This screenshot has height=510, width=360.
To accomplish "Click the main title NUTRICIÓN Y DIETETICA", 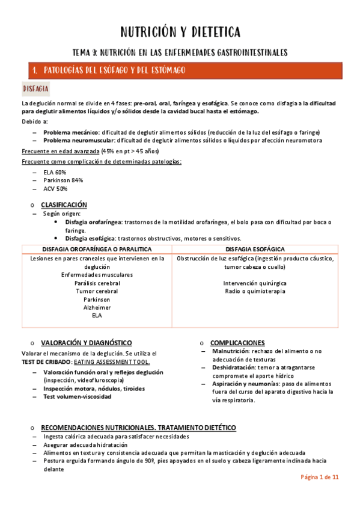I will click(180, 31).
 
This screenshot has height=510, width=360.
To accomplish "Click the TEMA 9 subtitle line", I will click(180, 52).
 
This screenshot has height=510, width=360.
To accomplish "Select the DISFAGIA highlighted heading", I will click(35, 89).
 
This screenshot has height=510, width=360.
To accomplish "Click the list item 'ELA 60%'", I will click(55, 172).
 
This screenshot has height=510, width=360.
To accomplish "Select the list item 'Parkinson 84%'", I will click(63, 180).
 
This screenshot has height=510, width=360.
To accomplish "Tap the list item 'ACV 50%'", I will click(55, 188).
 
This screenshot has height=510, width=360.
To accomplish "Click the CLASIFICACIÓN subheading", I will click(64, 204).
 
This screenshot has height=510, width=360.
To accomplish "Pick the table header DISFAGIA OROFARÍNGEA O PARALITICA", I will click(97, 249).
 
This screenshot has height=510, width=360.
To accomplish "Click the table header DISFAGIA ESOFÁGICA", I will click(255, 249).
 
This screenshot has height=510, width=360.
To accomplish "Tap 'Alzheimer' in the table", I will click(97, 307).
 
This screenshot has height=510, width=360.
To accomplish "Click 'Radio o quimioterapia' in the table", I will click(255, 291).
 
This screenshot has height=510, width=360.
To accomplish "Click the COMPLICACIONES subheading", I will click(237, 342).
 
